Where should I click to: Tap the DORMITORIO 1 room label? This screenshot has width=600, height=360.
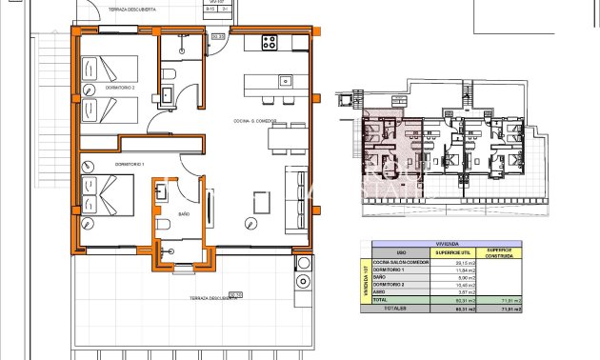click(101, 165)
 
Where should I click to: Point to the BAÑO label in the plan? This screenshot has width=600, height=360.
click(184, 214)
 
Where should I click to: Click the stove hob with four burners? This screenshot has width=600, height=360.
click(270, 43)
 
